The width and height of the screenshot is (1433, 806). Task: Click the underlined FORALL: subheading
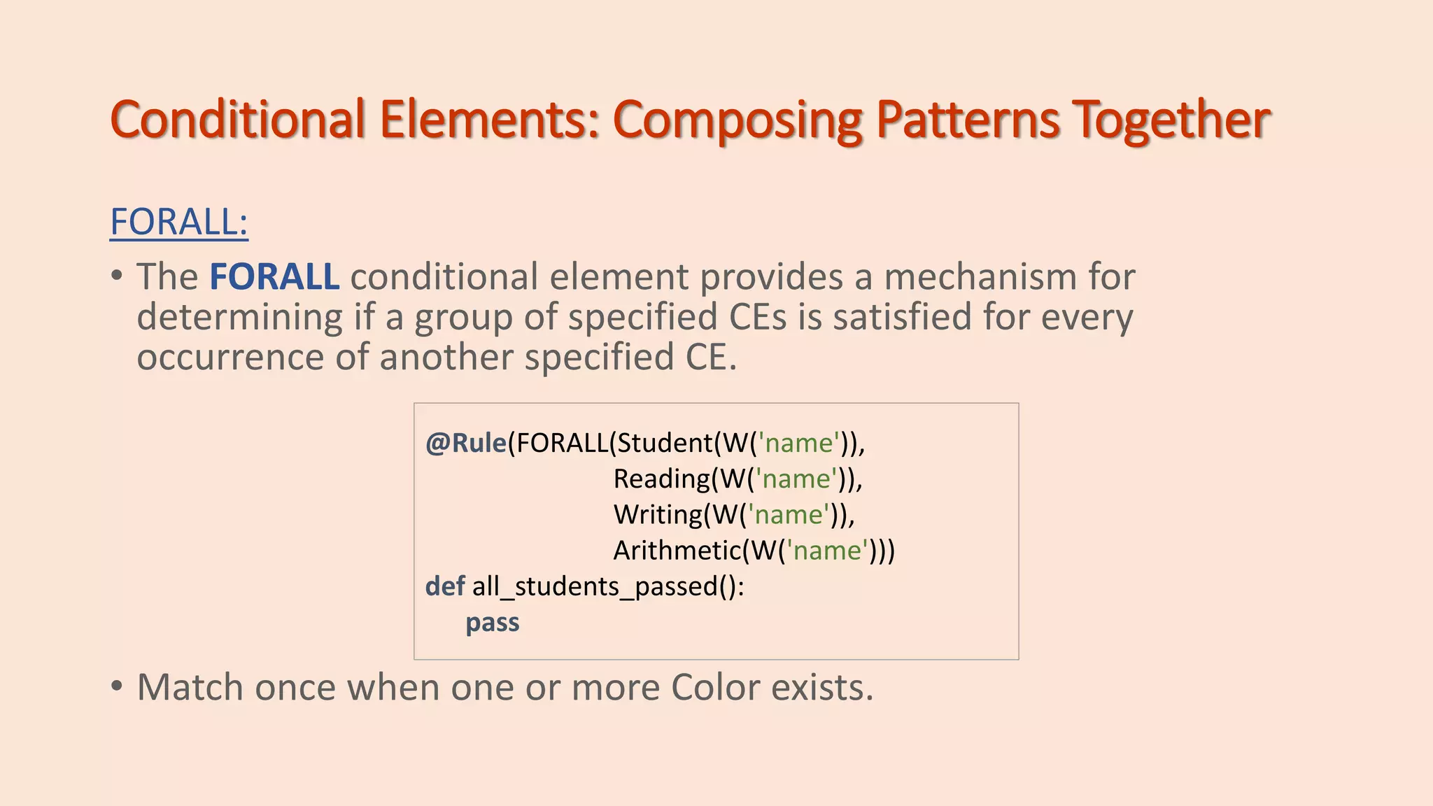click(x=179, y=222)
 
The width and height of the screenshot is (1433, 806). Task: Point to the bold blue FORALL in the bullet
click(x=274, y=276)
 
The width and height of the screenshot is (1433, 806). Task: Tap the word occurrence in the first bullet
click(x=230, y=357)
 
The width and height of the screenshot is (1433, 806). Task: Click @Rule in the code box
click(x=466, y=443)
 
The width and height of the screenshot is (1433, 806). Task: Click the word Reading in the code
click(x=661, y=479)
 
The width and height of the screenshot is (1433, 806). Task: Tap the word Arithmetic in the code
click(x=677, y=551)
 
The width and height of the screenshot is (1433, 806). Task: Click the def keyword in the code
click(x=444, y=586)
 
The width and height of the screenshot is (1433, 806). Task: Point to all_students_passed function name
click(x=595, y=586)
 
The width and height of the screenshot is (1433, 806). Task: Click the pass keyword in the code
click(x=493, y=622)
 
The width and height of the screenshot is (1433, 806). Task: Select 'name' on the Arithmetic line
click(x=827, y=551)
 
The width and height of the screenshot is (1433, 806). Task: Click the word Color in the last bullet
click(x=715, y=687)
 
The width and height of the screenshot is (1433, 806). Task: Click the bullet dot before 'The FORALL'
click(x=117, y=275)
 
